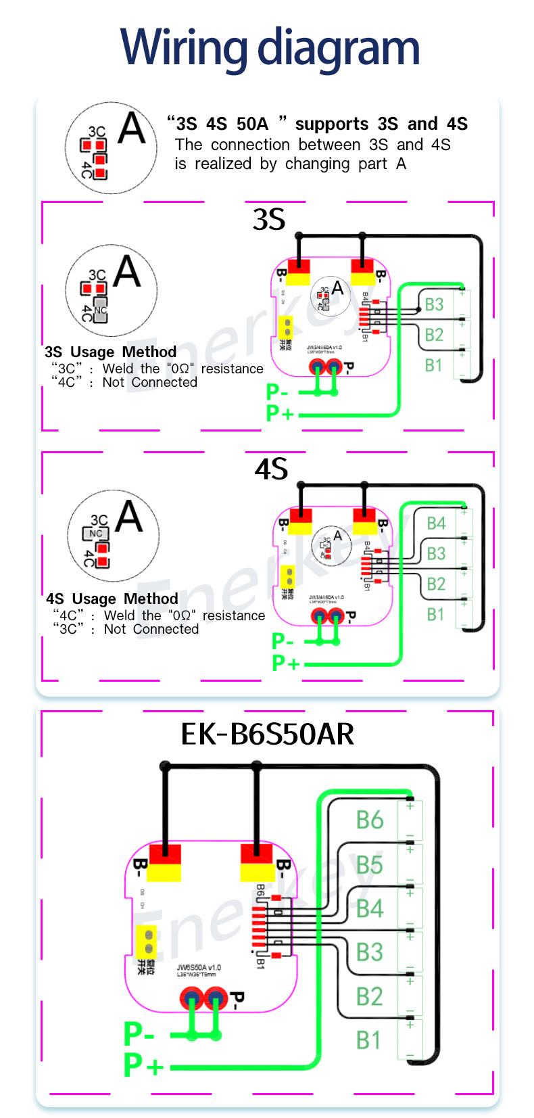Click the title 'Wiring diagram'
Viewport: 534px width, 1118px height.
coord(270,49)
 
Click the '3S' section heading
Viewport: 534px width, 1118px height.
coord(269,220)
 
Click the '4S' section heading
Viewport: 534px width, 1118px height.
coord(271,469)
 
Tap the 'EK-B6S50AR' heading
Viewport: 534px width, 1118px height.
coord(267,735)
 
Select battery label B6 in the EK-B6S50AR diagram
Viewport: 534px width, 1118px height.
coord(370,820)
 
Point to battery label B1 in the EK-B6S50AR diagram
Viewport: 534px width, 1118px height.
coord(368,1040)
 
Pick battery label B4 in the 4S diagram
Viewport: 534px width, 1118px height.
coord(436,523)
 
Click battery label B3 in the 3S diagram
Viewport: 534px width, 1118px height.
coord(434,304)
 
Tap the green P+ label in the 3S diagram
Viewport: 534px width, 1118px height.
coord(280,413)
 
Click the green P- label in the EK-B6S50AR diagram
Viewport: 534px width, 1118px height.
coord(139,1034)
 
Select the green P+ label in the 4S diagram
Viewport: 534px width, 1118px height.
coord(285,663)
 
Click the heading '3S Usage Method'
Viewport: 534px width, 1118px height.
coord(110,352)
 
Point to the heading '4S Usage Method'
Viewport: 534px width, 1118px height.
coord(112,599)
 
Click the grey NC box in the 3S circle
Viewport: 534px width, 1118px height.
coord(100,310)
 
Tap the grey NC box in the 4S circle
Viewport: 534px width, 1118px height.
coord(96,533)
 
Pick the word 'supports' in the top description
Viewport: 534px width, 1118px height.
coord(332,124)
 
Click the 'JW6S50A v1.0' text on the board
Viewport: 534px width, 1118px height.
coord(199,968)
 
